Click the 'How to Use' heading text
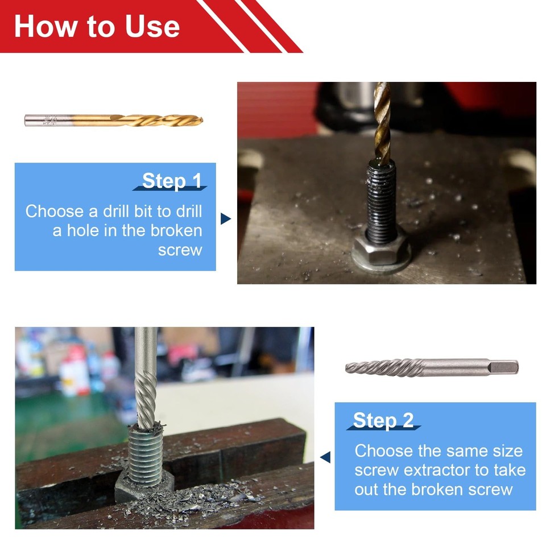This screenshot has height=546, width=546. pyautogui.click(x=97, y=26)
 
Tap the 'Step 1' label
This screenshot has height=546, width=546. pyautogui.click(x=172, y=180)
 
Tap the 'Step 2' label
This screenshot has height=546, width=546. pyautogui.click(x=383, y=420)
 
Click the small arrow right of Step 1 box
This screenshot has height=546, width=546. pyautogui.click(x=225, y=218)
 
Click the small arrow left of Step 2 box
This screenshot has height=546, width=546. pyautogui.click(x=325, y=457)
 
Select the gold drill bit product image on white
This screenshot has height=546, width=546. pyautogui.click(x=114, y=121)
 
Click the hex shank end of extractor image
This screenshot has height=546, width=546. pyautogui.click(x=503, y=367)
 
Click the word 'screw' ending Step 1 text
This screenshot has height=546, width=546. pyautogui.click(x=180, y=250)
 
